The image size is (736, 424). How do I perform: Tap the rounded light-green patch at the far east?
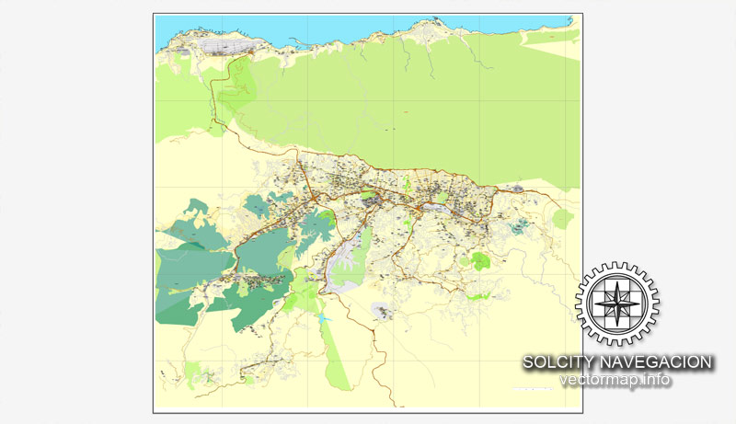tap(562, 218)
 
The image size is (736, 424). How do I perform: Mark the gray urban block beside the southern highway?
tap(383, 310)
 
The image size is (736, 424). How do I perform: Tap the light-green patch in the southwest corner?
tap(193, 372)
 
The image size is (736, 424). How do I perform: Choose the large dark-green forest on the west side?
tap(189, 276)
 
